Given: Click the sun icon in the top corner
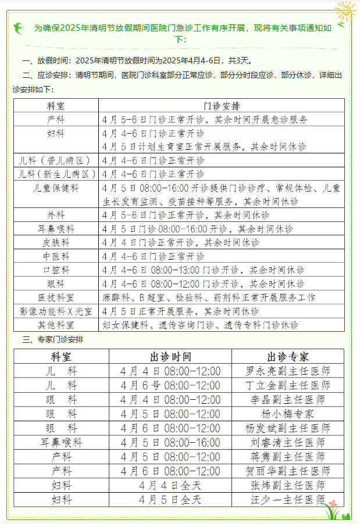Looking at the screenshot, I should (x=345, y=10).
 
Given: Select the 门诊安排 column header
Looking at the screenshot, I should (x=222, y=105).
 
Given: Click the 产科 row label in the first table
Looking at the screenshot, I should (x=56, y=119).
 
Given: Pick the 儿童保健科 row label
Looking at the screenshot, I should (x=56, y=188).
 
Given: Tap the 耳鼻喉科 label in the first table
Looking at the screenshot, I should (x=56, y=229).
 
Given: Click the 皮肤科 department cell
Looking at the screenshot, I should (x=56, y=242).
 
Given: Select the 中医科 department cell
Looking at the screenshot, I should (x=56, y=256).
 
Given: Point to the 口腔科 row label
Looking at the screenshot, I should (x=56, y=270).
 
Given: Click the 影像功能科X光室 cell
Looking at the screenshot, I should (x=56, y=311).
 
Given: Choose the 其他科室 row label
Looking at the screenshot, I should (x=56, y=325).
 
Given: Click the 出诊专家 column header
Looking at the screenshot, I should (x=288, y=356).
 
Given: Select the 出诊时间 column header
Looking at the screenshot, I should (x=170, y=356).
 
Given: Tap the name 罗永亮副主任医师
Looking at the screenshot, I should (x=288, y=371).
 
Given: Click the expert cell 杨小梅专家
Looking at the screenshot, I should (x=288, y=414).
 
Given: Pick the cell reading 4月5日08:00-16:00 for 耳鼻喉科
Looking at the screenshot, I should (x=170, y=442).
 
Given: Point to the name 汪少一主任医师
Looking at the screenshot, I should (x=288, y=500).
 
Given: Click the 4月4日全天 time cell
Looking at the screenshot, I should (x=170, y=485).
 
